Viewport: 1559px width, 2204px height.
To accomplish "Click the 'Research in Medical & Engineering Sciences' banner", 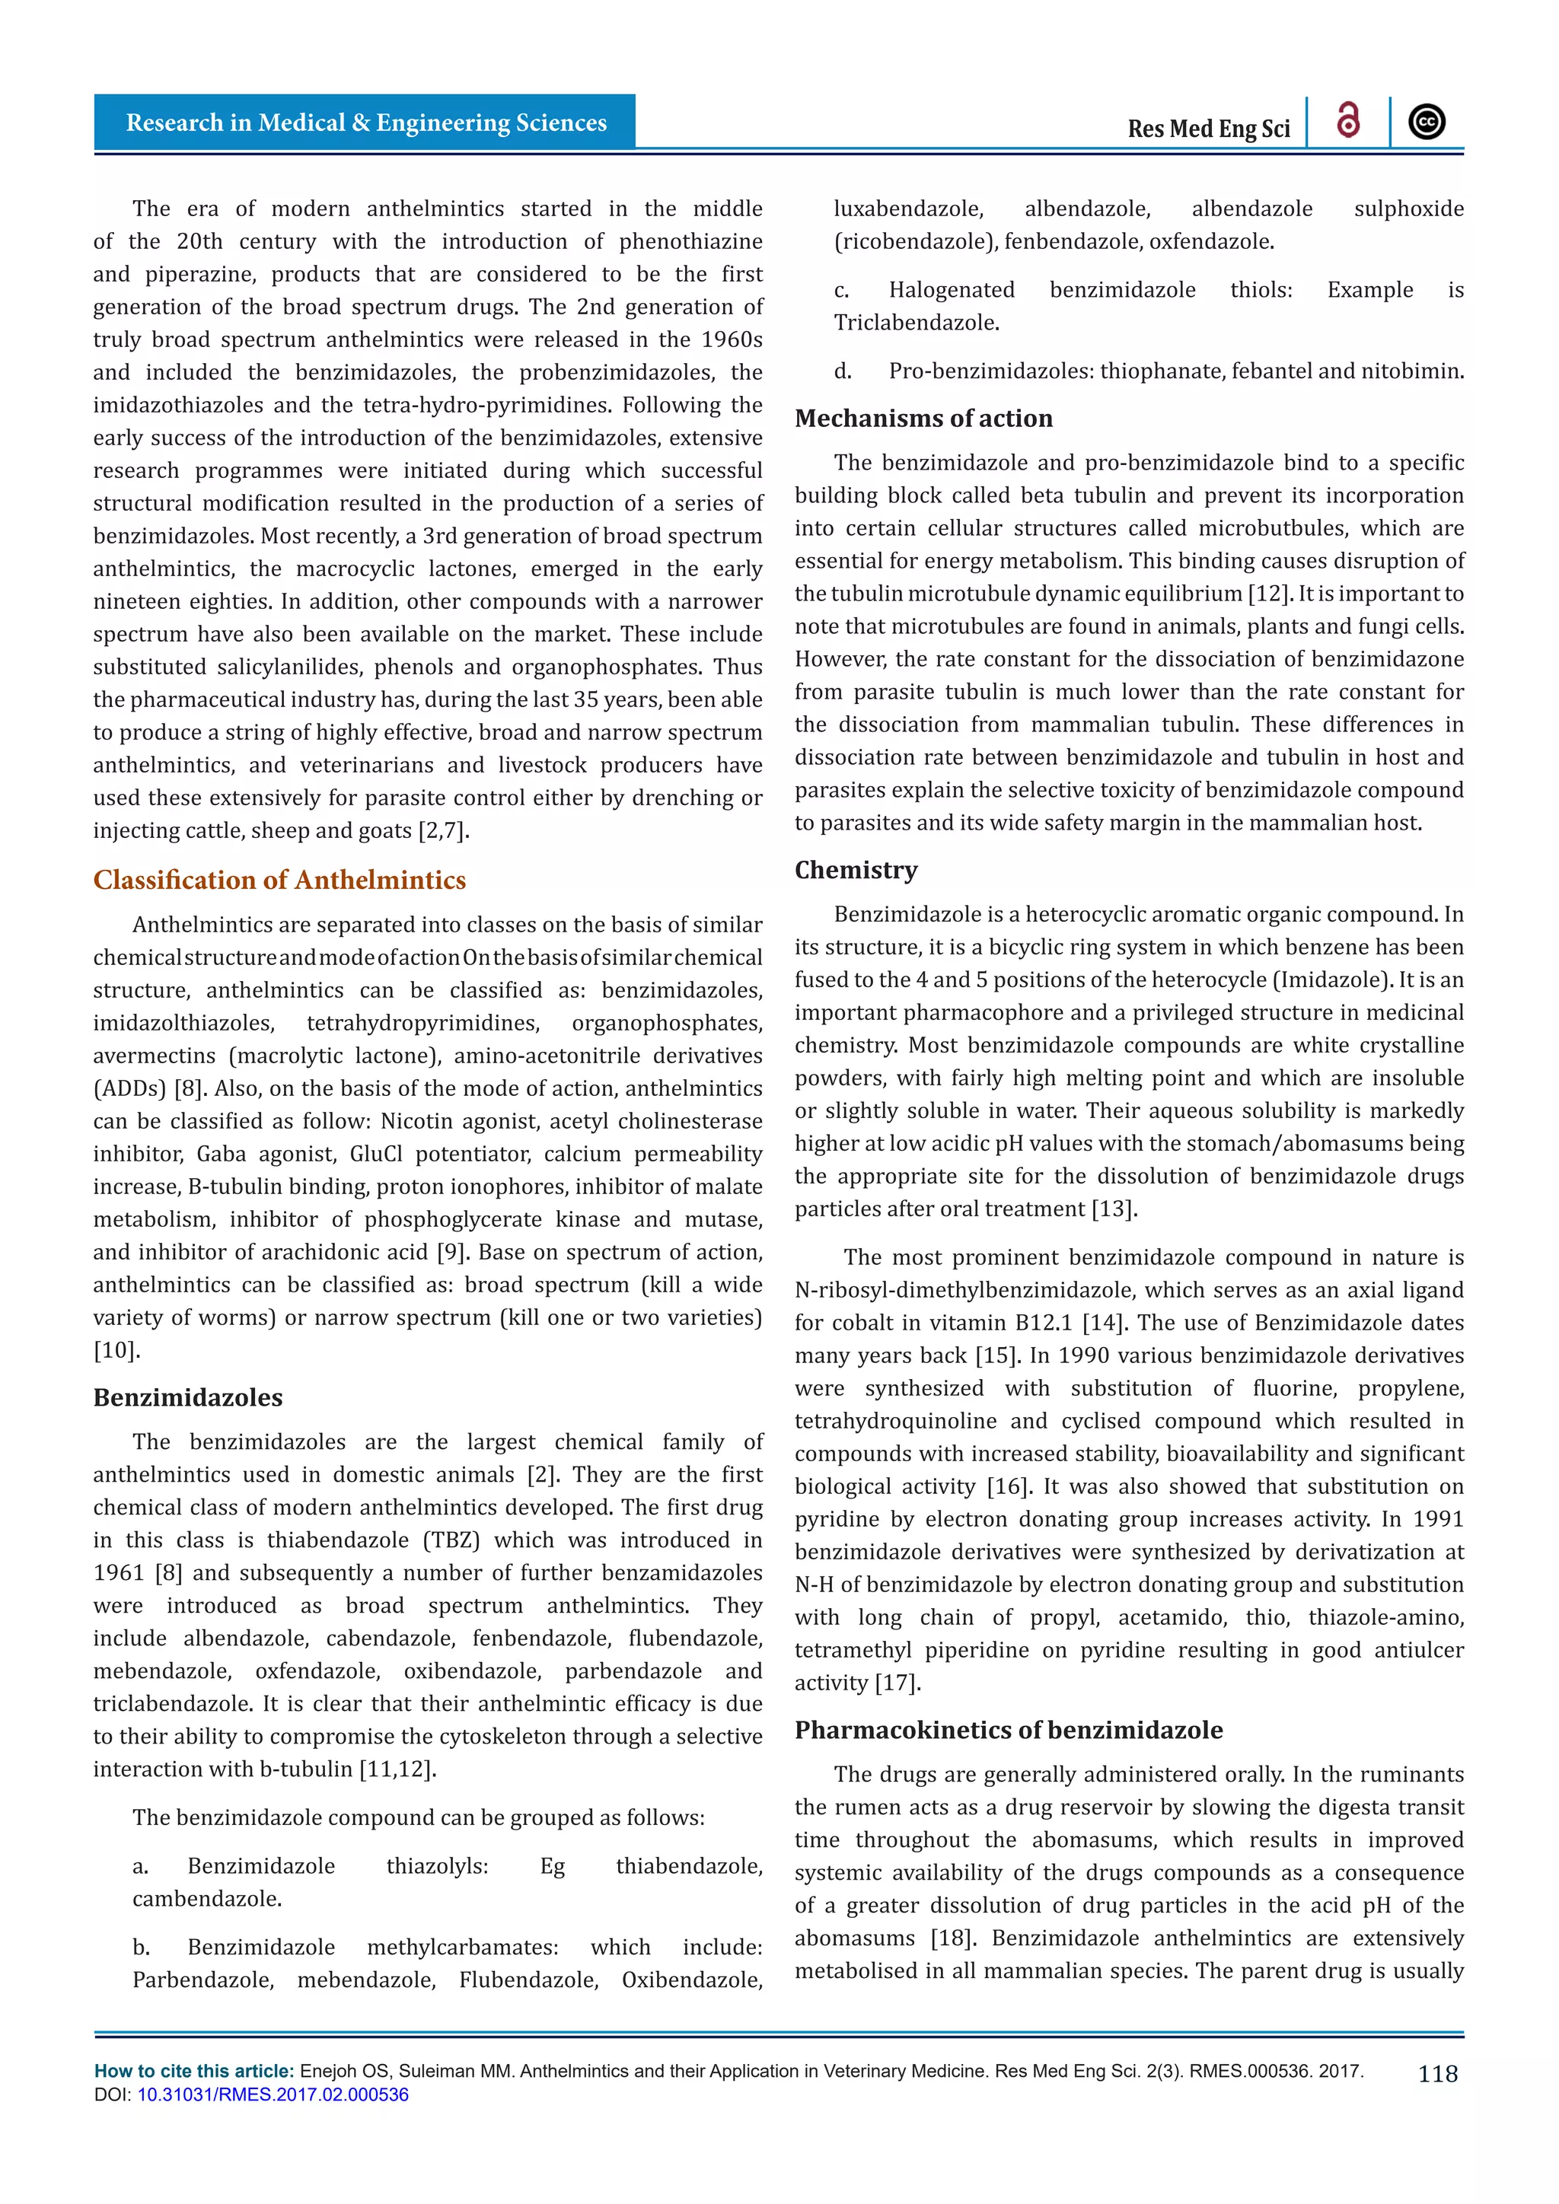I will coord(365,123).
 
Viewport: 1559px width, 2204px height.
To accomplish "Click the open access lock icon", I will coord(1348,121).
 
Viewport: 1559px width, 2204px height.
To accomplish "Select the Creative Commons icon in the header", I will coord(1427,122).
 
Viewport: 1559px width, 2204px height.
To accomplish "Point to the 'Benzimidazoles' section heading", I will coord(188,1397).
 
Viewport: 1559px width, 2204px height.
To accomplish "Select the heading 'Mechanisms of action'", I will coord(923,418).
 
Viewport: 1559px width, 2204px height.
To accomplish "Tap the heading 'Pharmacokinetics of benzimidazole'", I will coord(1008,1729).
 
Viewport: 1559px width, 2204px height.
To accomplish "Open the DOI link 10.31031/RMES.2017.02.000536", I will coord(273,2094).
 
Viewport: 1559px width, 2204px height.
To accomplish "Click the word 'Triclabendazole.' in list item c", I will coord(916,323).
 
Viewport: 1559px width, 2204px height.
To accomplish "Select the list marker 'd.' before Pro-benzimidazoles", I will coord(842,371).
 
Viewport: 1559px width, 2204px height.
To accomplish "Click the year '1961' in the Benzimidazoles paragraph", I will coord(118,1572).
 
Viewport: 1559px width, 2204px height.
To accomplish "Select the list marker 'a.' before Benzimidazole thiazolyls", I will coord(140,1866).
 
